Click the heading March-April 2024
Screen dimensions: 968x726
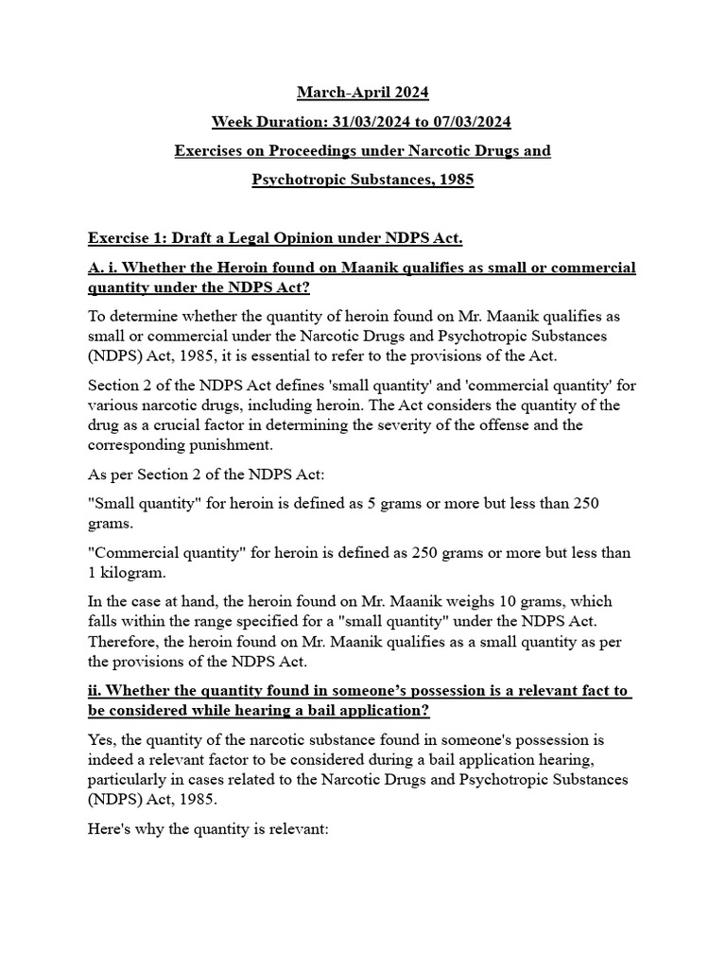click(363, 92)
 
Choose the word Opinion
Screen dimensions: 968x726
click(299, 239)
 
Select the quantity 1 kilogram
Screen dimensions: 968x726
click(129, 571)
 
